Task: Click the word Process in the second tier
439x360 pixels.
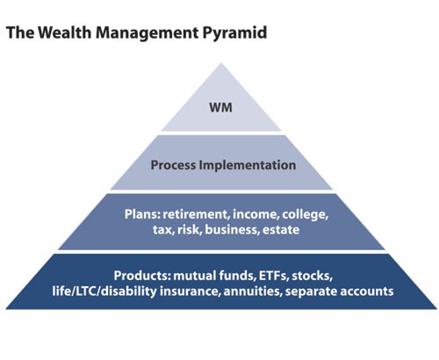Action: tap(175, 164)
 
